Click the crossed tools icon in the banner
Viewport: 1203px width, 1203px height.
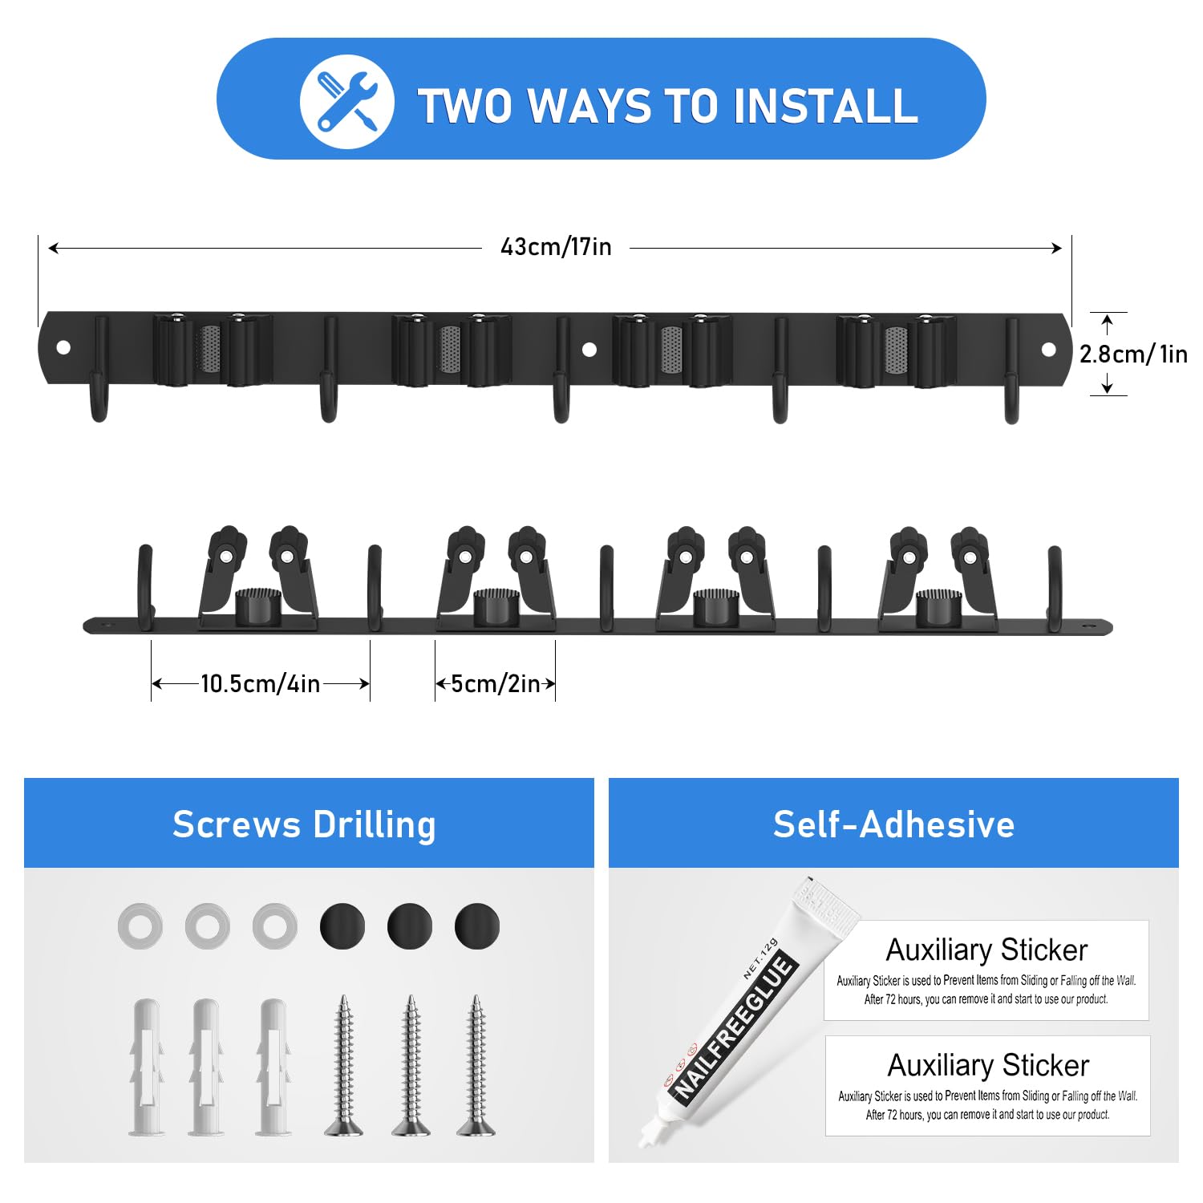346,102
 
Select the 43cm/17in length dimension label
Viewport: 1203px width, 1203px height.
556,247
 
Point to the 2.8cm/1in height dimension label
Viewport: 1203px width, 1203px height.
1133,354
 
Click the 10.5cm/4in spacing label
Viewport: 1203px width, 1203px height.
260,683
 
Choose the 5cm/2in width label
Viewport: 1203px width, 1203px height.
496,683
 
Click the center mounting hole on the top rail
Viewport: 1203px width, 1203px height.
589,349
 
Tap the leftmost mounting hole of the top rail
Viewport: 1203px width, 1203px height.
63,348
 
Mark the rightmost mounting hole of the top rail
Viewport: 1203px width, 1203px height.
1048,349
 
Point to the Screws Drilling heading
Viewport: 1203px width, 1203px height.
304,824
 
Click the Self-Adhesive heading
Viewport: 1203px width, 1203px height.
893,824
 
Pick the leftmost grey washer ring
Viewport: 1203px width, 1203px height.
140,926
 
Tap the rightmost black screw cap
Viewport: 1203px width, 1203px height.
477,926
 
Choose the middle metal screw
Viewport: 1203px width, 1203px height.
411,1065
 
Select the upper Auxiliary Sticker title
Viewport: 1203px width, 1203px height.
986,950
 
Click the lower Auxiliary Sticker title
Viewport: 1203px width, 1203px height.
988,1065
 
